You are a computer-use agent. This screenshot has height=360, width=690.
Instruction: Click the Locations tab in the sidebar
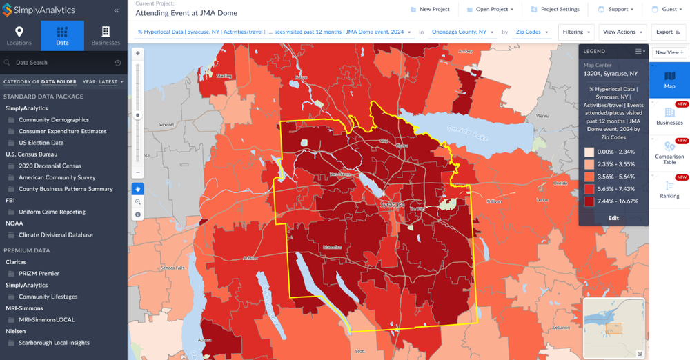pyautogui.click(x=19, y=36)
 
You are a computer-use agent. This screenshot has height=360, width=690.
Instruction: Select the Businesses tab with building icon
pyautogui.click(x=106, y=36)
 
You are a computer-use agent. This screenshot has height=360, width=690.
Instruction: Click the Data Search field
pyautogui.click(x=62, y=63)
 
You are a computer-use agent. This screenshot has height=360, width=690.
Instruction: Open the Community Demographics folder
pyautogui.click(x=54, y=120)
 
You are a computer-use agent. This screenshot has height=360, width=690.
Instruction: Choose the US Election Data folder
pyautogui.click(x=41, y=143)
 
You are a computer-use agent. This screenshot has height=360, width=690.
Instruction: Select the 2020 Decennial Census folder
pyautogui.click(x=50, y=166)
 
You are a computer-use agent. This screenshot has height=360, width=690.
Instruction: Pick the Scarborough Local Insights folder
pyautogui.click(x=54, y=343)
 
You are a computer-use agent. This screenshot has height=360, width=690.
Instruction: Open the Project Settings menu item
pyautogui.click(x=555, y=10)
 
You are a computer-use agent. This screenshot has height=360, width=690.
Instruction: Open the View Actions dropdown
pyautogui.click(x=622, y=32)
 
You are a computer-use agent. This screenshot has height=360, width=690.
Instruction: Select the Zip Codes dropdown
pyautogui.click(x=531, y=32)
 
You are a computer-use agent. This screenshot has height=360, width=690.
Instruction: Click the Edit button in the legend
pyautogui.click(x=613, y=218)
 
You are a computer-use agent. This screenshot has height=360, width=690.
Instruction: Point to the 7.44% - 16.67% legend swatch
pyautogui.click(x=589, y=201)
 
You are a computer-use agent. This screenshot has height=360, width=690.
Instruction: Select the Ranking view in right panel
pyautogui.click(x=669, y=190)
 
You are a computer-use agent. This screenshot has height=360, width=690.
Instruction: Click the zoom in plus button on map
pyautogui.click(x=138, y=53)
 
